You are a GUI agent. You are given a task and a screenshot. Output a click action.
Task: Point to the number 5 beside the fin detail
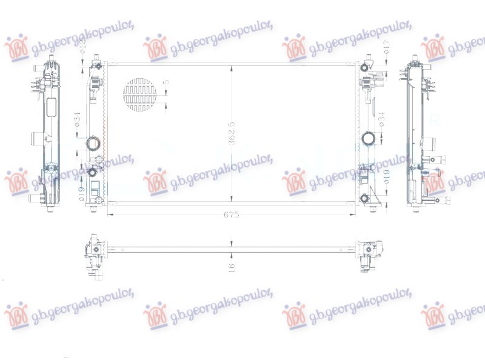pyautogui.click(x=167, y=82)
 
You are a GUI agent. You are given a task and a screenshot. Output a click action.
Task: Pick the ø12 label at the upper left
pyautogui.click(x=83, y=45)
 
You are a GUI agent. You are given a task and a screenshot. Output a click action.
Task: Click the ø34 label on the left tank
pyautogui.click(x=78, y=119)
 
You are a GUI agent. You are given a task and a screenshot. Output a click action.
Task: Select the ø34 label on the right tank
pyautogui.click(x=382, y=119)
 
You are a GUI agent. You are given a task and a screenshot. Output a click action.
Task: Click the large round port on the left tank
pyautogui.click(x=93, y=144)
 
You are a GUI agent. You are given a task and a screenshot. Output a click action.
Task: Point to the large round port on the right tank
pyautogui.click(x=368, y=139)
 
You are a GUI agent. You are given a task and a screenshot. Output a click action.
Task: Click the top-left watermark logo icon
pyautogui.click(x=16, y=47)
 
